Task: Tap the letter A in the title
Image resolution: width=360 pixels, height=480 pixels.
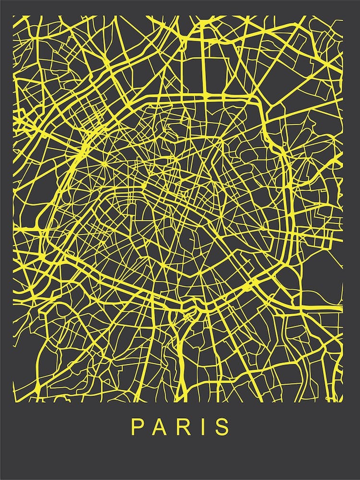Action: [160, 427]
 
